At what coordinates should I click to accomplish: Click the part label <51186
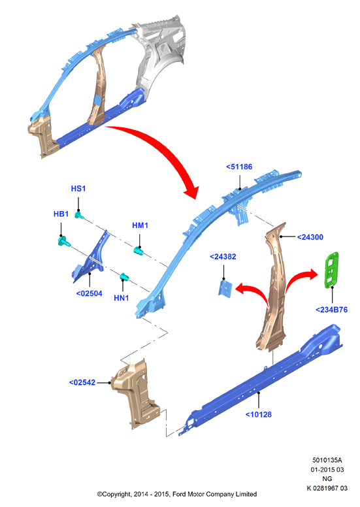(239, 167)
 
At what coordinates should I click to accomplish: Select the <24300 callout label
(310, 237)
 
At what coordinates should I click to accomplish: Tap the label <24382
(223, 257)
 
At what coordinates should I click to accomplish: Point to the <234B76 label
(331, 310)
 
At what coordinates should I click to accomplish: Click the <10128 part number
(259, 414)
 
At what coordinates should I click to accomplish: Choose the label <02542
(82, 382)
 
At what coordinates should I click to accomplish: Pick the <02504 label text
(90, 293)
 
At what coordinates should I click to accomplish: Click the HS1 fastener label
(78, 189)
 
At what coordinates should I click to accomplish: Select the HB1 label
(61, 214)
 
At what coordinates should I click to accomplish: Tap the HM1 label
(140, 225)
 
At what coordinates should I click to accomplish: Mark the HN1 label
(122, 298)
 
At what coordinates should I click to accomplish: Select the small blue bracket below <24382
(225, 289)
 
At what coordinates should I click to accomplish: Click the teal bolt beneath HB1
(64, 241)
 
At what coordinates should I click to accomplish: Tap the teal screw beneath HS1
(79, 215)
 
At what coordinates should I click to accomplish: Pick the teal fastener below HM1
(139, 251)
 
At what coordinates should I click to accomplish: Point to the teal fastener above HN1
(124, 277)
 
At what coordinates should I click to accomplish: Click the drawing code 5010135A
(327, 460)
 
